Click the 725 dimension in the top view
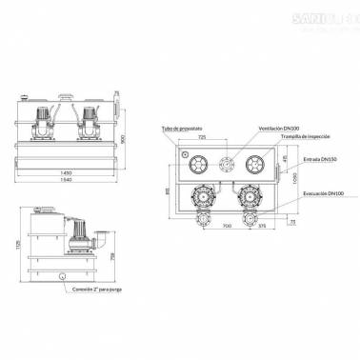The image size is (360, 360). pyautogui.click(x=202, y=138)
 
